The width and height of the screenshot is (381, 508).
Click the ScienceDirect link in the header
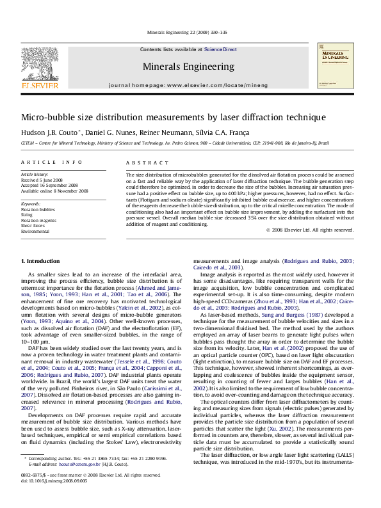(x=220, y=49)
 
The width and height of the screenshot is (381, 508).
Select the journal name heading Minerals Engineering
(x=188, y=66)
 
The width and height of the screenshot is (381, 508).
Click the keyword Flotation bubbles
(x=38, y=209)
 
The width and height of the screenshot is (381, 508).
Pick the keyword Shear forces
(x=33, y=225)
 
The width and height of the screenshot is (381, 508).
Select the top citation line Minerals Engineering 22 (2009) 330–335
(x=188, y=31)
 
